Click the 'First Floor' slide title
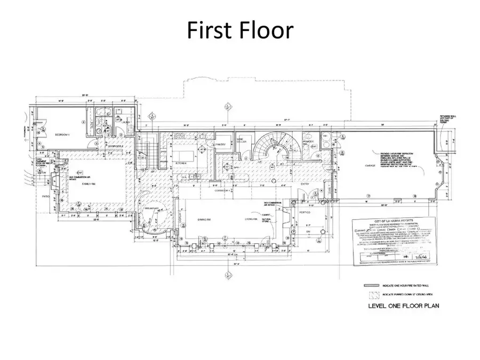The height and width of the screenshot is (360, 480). coord(239,31)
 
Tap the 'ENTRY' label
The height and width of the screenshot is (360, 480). coord(305,184)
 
